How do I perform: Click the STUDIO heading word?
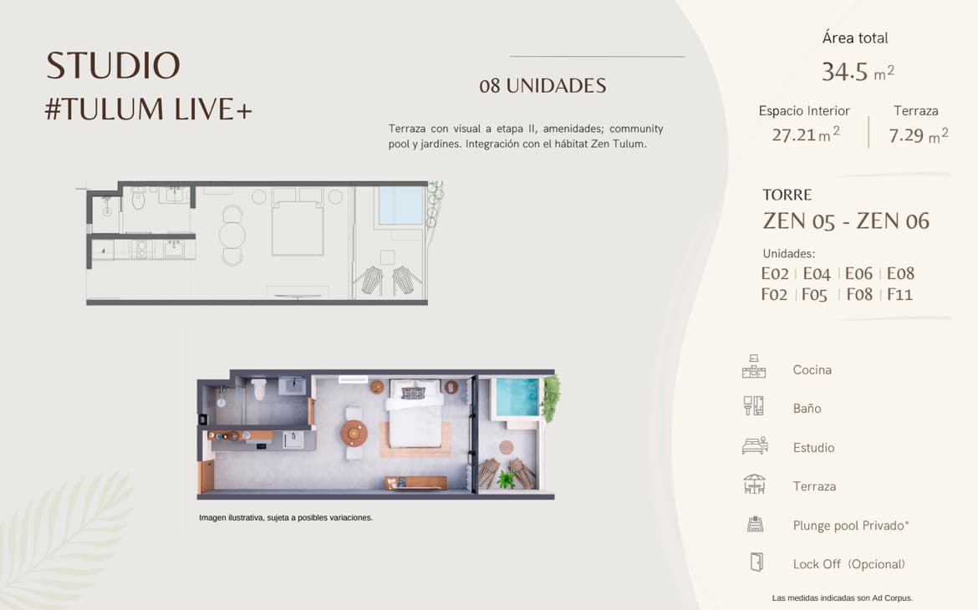pos(113,65)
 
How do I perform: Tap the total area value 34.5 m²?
pos(858,72)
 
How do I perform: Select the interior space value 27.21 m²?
pos(805,135)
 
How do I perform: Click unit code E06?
pos(858,273)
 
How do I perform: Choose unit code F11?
pos(899,294)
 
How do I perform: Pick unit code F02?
pos(774,294)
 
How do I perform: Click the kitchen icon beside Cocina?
pos(754,367)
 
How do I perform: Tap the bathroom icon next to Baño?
pos(753,406)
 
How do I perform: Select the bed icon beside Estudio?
pos(755,445)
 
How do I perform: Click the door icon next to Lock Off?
pos(756,562)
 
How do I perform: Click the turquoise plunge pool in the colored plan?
pos(517,397)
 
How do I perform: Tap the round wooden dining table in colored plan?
pos(354,433)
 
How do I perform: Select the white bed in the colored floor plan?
pos(415,414)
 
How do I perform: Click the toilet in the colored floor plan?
pos(259,389)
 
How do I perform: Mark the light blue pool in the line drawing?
pos(401,206)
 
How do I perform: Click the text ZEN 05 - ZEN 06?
pos(846,221)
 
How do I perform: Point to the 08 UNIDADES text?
pos(542,85)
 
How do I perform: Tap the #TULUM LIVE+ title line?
pos(149,109)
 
